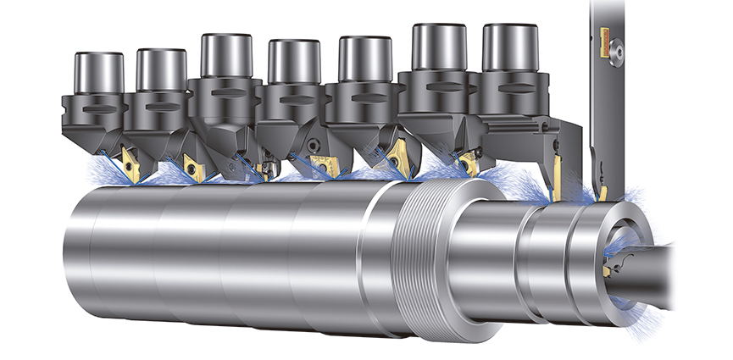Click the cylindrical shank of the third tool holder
tap(224, 55)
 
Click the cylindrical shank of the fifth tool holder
tap(364, 59)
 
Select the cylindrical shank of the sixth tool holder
tap(438, 49)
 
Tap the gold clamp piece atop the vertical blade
tap(605, 36)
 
